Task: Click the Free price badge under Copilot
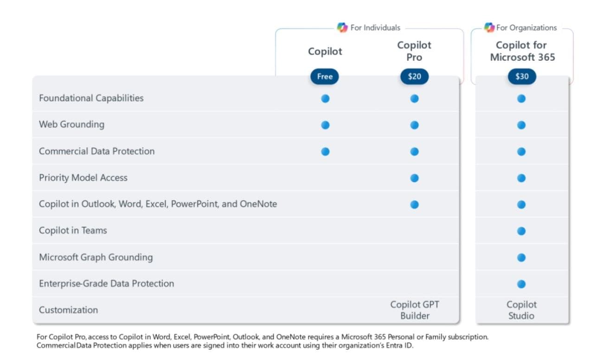pos(325,77)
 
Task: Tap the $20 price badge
pos(414,77)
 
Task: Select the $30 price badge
pos(522,77)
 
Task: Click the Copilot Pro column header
pos(414,51)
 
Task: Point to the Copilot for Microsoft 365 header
pos(522,51)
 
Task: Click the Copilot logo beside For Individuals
pos(342,27)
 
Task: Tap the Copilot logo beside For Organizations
pos(489,27)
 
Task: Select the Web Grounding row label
pos(71,124)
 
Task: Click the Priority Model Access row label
pos(83,178)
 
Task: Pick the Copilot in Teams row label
pos(73,231)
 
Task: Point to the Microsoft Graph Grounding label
pos(96,257)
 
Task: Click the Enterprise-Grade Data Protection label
pos(106,283)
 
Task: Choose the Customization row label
pos(68,310)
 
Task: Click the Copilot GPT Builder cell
pos(414,310)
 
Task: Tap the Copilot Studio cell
pos(521,310)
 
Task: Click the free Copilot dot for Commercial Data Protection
pos(325,151)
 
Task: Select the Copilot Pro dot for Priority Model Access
pos(414,178)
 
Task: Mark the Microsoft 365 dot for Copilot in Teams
pos(521,231)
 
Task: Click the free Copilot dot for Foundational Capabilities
pos(325,98)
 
